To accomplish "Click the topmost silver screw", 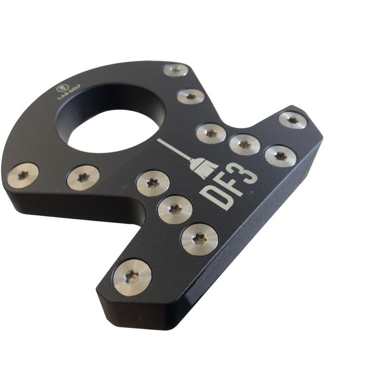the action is click(176, 71).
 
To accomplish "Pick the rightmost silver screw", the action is click(292, 120).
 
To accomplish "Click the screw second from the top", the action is click(191, 97).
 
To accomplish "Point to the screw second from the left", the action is click(83, 178).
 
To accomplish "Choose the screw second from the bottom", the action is click(199, 239).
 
